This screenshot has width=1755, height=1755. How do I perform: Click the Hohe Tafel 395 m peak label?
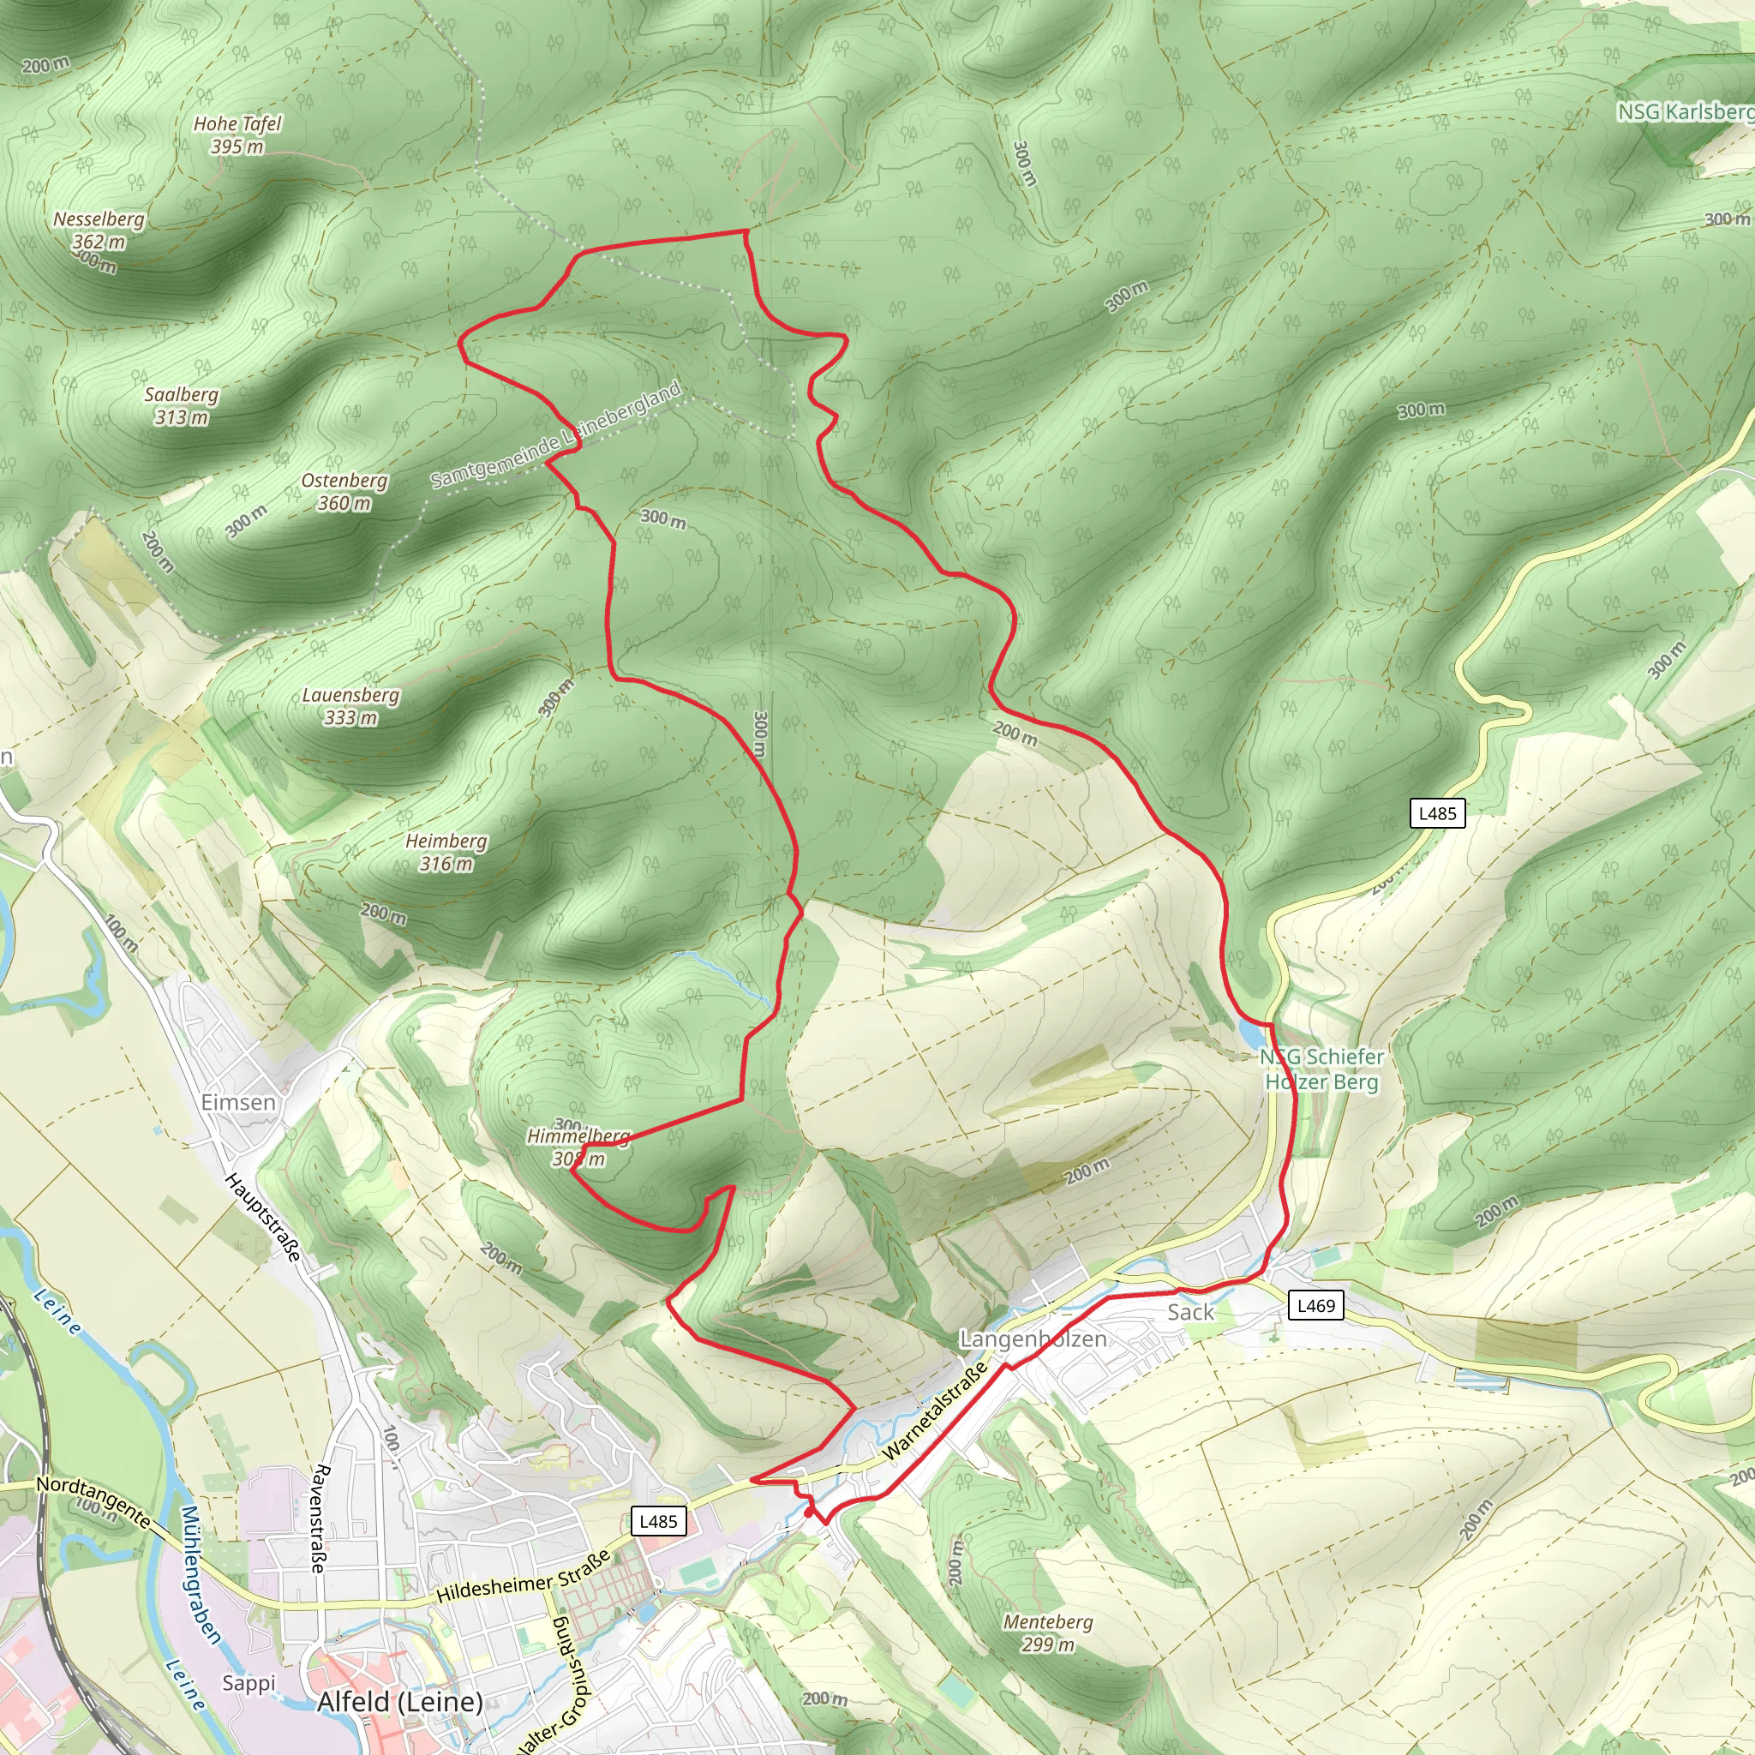coord(237,135)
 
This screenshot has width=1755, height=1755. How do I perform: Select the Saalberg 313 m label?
coord(181,405)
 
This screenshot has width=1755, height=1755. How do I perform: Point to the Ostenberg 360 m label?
coord(344,491)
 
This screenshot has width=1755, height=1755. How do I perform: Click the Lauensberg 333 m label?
coord(350,706)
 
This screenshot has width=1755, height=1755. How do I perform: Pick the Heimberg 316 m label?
coord(446,852)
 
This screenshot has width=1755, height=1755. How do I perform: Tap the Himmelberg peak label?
coord(578,1147)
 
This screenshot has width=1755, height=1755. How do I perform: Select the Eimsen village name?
coord(238,1102)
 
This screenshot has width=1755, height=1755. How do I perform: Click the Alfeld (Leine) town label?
coord(399,1700)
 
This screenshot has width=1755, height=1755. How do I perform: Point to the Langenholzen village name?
coord(1033,1339)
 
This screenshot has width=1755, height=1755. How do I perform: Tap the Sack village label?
coord(1190,1312)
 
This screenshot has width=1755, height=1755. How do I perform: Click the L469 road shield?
coord(1316,1305)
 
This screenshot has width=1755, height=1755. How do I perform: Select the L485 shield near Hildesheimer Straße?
coord(659,1521)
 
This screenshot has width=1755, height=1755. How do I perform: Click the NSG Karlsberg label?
coord(1685,111)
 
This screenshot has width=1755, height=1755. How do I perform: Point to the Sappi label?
coord(248,1682)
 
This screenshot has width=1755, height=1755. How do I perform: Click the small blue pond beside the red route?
coord(1251,1033)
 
